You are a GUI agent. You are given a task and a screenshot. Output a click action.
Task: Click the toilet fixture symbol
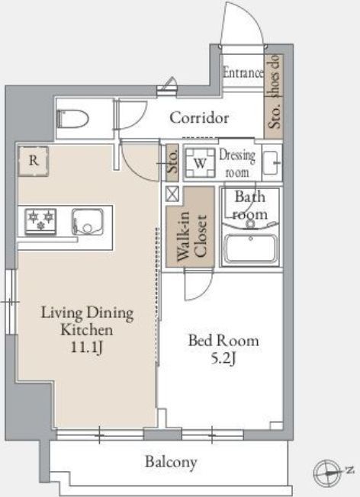pyautogui.click(x=72, y=119)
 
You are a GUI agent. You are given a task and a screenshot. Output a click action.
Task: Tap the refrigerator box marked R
pyautogui.click(x=34, y=161)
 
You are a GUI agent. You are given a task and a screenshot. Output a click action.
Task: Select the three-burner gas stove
pyautogui.click(x=40, y=221)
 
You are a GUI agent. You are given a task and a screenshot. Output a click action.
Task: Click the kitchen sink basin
pyautogui.click(x=88, y=222)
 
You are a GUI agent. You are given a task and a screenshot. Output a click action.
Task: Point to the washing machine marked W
pyautogui.click(x=200, y=163)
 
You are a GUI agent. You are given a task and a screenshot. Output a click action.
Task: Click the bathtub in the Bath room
pyautogui.click(x=251, y=248)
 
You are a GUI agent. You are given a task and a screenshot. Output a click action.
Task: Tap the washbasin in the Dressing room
pyautogui.click(x=272, y=163)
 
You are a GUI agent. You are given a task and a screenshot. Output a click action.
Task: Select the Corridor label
pyautogui.click(x=199, y=118)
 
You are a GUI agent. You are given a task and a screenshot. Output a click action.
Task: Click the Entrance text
pyautogui.click(x=243, y=72)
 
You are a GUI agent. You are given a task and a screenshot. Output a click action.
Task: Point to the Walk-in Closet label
pyautogui.click(x=192, y=236)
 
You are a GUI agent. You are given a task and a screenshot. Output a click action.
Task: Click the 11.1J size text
pyautogui.click(x=87, y=347)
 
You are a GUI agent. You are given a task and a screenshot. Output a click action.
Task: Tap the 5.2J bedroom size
pyautogui.click(x=224, y=358)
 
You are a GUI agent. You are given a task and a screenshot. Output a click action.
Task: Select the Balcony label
pyautogui.click(x=171, y=462)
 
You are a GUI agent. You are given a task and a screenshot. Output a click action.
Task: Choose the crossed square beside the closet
pyautogui.click(x=172, y=194)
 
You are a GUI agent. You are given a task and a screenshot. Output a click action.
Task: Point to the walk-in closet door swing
pyautogui.click(x=199, y=284)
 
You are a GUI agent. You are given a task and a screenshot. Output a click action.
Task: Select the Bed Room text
pyautogui.click(x=223, y=341)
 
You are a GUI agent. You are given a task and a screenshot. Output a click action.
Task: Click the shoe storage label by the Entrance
pyautogui.click(x=274, y=91)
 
